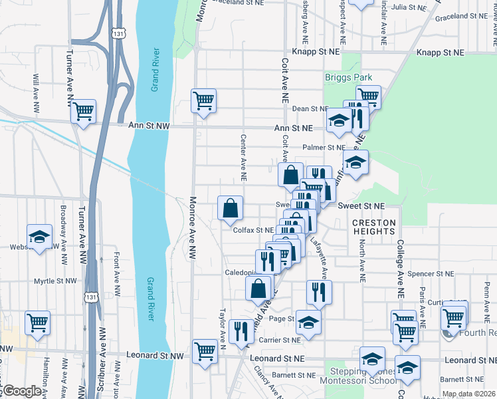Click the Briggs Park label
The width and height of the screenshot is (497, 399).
[348, 78]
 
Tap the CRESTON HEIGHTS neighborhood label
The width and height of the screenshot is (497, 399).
[373, 227]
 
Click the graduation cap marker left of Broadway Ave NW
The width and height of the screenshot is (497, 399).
[39, 237]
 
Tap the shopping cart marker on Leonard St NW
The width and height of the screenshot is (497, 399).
[205, 351]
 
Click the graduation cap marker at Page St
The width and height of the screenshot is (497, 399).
[308, 323]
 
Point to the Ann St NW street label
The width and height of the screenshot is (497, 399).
[143, 125]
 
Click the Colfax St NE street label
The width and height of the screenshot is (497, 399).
[254, 230]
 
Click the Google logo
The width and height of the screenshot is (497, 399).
[22, 391]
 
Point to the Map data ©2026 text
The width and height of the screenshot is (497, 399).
[469, 394]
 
